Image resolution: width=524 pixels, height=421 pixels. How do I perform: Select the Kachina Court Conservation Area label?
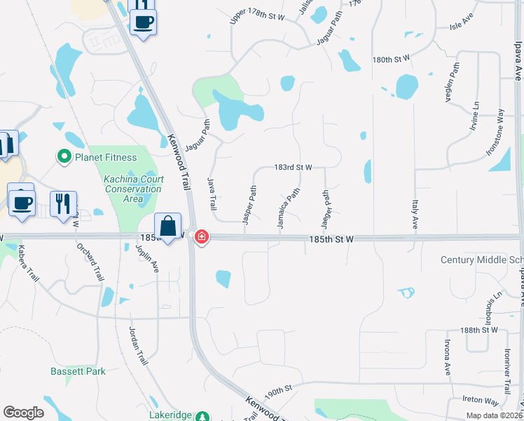(x=132, y=189)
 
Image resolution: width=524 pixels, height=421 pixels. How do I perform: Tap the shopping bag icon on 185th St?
(x=168, y=227)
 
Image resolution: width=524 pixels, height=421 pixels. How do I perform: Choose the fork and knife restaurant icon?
(x=63, y=203)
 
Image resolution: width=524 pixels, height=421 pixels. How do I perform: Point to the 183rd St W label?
(x=293, y=168)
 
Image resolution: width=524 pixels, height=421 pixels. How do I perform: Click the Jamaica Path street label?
(x=288, y=208)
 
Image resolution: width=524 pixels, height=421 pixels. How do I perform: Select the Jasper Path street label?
(x=249, y=204)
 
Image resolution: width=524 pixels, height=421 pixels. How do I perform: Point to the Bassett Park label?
(x=78, y=371)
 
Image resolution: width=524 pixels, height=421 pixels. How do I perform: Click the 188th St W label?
(x=479, y=329)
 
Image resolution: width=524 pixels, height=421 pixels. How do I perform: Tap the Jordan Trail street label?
(x=138, y=346)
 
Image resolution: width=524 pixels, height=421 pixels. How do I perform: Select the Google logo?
(x=23, y=412)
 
